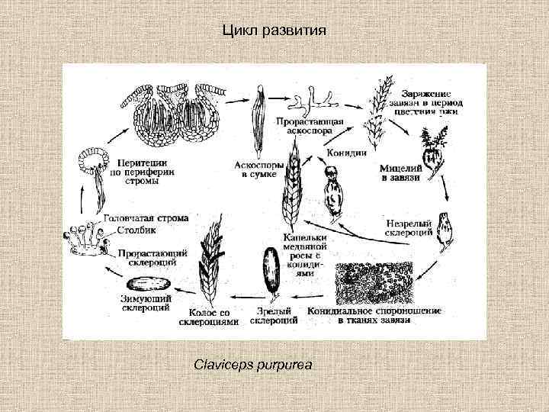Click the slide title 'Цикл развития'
274,31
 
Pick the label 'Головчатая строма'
145,218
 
